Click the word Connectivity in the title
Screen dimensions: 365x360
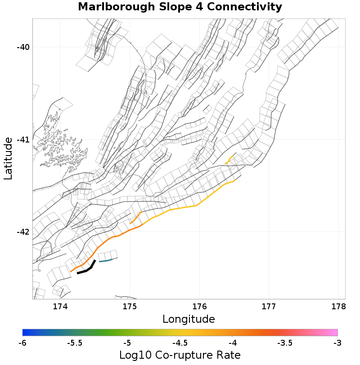pos(244,7)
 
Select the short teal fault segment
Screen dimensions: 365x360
pos(105,260)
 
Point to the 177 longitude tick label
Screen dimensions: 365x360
pos(269,307)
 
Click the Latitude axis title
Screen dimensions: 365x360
pos(8,159)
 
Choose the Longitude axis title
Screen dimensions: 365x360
pos(189,320)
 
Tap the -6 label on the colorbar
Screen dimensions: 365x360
pos(22,343)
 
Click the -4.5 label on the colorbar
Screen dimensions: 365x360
pos(180,343)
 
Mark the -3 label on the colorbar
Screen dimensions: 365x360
pos(337,343)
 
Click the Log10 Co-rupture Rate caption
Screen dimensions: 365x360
pos(180,355)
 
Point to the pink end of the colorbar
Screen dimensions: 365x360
pos(333,333)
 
